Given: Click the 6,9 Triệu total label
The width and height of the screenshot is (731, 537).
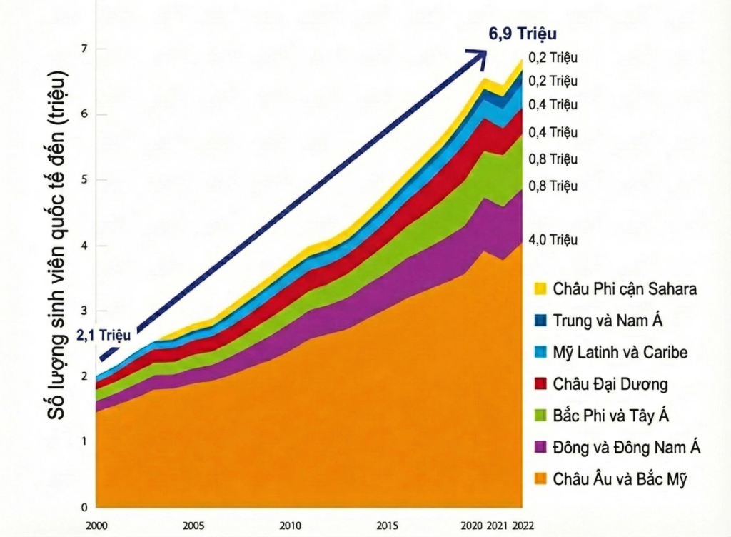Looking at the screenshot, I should tap(522, 34).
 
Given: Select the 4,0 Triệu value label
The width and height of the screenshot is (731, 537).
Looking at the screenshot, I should tap(553, 240).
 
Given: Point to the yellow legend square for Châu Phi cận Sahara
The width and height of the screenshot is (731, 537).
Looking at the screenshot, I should tap(540, 289).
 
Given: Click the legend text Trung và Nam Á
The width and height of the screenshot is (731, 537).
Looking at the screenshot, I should tap(608, 321).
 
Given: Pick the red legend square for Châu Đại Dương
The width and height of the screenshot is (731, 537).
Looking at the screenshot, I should tap(540, 383).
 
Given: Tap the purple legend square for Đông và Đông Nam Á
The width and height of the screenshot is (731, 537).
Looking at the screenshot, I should tap(540, 447).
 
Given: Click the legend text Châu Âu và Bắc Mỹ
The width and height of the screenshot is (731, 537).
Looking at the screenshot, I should tap(620, 478).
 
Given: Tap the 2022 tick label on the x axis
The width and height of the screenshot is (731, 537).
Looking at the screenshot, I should tap(523, 526).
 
